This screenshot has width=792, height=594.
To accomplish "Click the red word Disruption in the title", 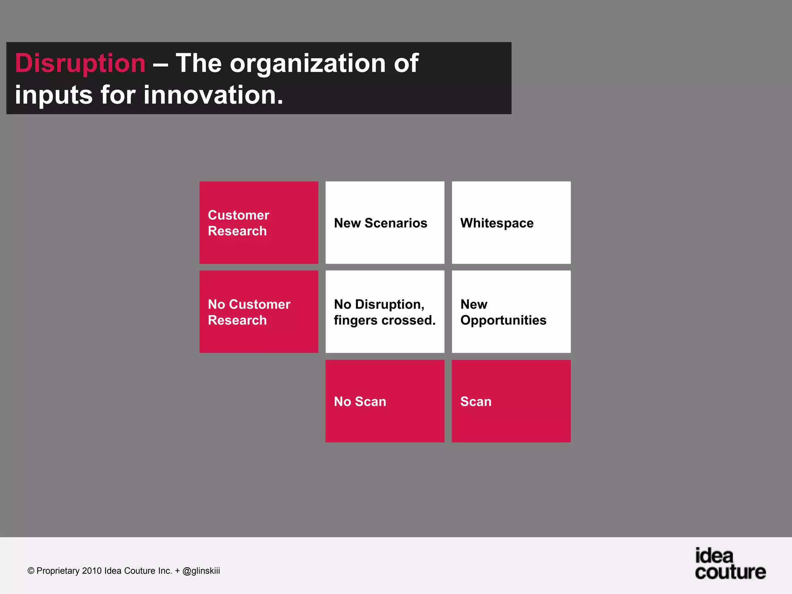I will tap(80, 63).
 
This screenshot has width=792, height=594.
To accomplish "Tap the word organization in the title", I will tap(308, 63).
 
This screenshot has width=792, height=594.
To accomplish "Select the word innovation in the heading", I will tap(213, 95).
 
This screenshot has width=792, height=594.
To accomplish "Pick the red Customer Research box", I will tap(259, 223).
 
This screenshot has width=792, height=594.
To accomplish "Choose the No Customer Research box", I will tap(259, 312).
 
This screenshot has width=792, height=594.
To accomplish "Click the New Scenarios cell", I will tap(385, 223).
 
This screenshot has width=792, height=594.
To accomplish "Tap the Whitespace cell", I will tap(511, 223).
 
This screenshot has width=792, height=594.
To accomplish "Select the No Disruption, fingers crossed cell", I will tap(385, 312).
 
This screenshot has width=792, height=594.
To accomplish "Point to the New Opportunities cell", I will tap(511, 312).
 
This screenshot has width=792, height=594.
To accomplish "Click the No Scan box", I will tap(385, 401).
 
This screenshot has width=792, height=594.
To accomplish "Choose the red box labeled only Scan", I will tap(511, 401).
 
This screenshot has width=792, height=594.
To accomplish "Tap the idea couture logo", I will tap(730, 564).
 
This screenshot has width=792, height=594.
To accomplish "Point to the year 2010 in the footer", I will tap(92, 571).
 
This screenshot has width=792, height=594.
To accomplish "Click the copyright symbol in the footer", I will tap(31, 571).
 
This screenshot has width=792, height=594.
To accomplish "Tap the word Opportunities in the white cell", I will tap(503, 320).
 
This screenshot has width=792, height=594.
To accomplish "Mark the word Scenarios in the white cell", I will tap(396, 223).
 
